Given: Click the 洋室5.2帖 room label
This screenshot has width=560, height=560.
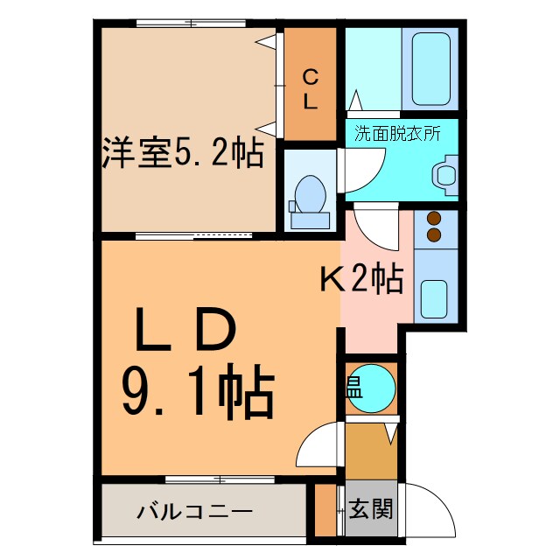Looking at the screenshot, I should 182,154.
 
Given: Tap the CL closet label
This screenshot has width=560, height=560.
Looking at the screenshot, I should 310,88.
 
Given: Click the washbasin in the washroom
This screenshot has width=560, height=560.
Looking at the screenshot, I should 446,172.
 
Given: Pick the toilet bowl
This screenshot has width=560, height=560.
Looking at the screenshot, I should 310,192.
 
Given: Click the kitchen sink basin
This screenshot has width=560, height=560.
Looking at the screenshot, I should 435,298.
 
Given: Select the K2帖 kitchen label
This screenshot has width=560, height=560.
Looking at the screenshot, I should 360,279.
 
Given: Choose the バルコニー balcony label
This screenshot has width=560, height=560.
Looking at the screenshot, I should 193,511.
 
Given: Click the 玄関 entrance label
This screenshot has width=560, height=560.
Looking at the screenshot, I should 370,508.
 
